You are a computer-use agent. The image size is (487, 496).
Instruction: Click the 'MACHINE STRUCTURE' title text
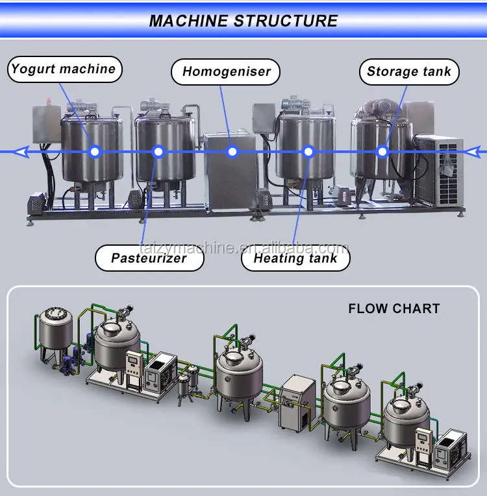click(x=243, y=20)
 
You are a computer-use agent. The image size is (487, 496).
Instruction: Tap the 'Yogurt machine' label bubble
click(x=64, y=69)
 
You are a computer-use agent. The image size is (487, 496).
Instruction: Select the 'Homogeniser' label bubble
click(x=226, y=71)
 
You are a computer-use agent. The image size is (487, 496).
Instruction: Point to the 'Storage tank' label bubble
click(x=408, y=71)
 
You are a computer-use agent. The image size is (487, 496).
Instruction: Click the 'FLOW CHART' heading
click(x=393, y=309)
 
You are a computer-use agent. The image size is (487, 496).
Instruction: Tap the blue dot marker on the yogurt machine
click(x=95, y=152)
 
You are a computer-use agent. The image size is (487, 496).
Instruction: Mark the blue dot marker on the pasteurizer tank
click(x=157, y=152)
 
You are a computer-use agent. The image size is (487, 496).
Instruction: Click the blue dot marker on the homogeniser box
click(x=233, y=152)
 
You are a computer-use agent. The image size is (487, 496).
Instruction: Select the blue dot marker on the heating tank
click(x=309, y=152)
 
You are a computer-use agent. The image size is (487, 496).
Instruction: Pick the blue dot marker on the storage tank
click(x=382, y=152)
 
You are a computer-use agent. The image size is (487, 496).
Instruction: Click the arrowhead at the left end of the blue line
click(x=20, y=152)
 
